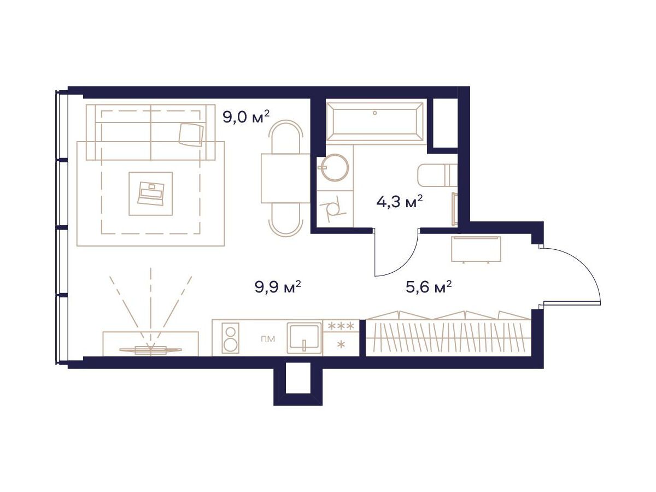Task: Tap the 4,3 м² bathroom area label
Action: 400,202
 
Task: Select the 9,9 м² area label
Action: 278,288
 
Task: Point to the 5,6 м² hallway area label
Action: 428,288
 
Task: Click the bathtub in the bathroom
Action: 375,121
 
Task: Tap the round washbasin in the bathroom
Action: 335,167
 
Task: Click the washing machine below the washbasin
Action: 335,208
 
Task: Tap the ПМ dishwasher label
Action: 268,339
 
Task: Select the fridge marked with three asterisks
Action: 341,338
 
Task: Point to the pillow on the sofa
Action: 191,134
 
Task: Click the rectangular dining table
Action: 285,179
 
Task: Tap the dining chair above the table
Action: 285,137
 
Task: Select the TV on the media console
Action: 150,349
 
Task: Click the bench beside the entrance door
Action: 476,249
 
